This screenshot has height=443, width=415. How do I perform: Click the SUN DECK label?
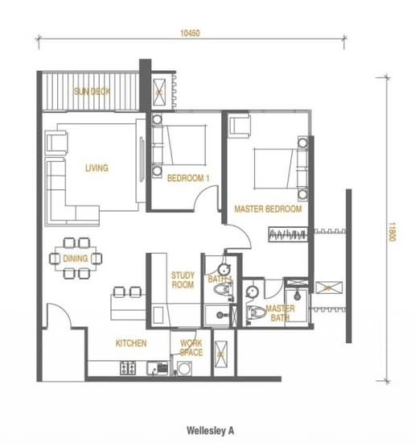click(x=92, y=92)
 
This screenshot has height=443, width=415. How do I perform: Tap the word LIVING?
click(x=97, y=168)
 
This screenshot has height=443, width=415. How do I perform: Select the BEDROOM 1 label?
click(x=188, y=178)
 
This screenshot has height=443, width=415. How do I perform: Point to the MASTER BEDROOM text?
click(x=268, y=209)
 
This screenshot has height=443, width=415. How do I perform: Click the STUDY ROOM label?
click(x=183, y=280)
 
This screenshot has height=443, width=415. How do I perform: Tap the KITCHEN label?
click(x=131, y=343)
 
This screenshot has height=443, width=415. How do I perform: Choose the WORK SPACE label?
click(x=191, y=348)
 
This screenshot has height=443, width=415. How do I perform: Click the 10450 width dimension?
click(x=190, y=33)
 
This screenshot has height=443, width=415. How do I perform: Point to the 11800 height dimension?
click(x=392, y=232)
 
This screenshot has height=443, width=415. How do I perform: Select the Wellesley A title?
click(x=211, y=431)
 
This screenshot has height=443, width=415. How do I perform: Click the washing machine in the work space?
click(x=184, y=368)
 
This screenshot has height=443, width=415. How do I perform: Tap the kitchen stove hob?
click(x=128, y=368)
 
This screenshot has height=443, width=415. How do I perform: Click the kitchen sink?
click(x=158, y=368)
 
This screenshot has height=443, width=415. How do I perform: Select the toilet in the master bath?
click(x=256, y=313)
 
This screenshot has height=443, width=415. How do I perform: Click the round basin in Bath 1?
click(x=224, y=269)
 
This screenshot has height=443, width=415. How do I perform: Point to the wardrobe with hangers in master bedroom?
click(x=288, y=234)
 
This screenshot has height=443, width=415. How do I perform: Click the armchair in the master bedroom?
click(x=239, y=126)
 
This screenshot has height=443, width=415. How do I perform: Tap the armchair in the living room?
click(x=56, y=143)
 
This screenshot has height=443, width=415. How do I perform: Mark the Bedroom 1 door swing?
click(x=205, y=198)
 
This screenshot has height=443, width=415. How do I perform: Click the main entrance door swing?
click(x=59, y=316)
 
